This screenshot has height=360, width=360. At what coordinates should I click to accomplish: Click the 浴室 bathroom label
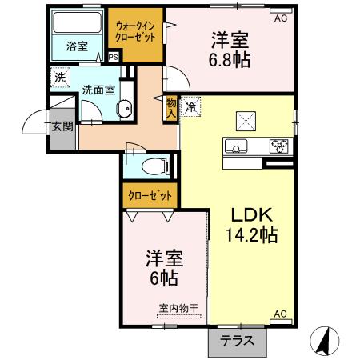[77, 46]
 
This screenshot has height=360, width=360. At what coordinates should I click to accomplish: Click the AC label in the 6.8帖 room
[280, 18]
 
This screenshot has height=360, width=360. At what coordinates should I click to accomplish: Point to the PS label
[113, 58]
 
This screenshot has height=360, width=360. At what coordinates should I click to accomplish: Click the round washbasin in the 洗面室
[124, 111]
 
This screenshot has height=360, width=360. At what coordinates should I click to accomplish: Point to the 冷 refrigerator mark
[191, 105]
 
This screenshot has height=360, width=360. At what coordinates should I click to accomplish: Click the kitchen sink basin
[238, 146]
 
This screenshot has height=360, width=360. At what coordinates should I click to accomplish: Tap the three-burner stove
[279, 146]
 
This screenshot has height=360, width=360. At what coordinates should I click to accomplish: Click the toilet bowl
[155, 166]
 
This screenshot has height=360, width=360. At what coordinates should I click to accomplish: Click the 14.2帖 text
[252, 235]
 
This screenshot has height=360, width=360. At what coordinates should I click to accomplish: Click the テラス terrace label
[237, 339]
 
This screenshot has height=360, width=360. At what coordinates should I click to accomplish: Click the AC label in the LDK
[280, 313]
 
